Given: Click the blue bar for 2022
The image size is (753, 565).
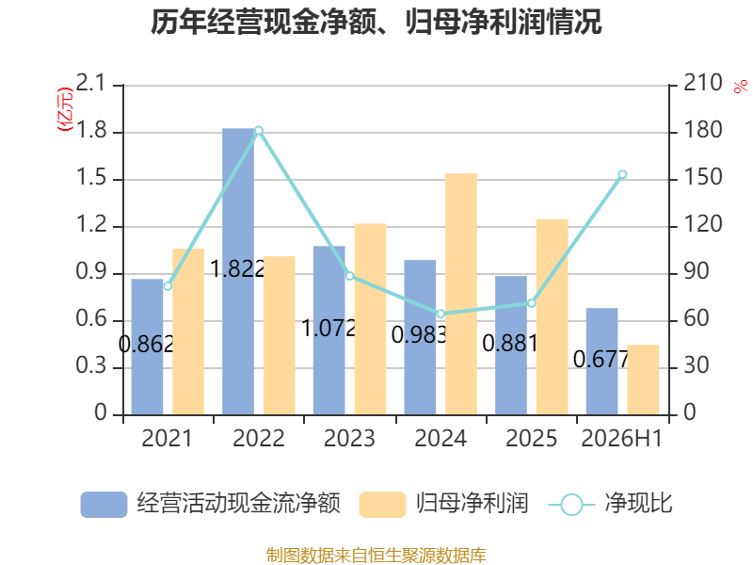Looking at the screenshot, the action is tap(238, 271).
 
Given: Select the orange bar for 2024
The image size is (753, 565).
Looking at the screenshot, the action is tap(461, 294).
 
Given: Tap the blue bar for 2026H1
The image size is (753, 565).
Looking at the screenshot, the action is tap(601, 362).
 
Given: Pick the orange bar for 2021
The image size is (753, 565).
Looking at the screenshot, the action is tap(188, 331).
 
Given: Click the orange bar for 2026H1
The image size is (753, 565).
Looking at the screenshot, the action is tap(643, 379).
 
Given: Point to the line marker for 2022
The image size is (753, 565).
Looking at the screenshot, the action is tap(259, 131).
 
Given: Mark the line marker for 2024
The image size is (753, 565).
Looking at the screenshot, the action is tap(441, 314).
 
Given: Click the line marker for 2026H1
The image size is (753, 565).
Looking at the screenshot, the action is tap(622, 174).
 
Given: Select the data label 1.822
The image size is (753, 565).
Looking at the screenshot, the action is tap(238, 268).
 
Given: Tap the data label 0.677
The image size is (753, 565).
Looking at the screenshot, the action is tap(601, 359).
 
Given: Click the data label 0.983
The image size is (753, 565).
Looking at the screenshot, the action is tap(419, 335).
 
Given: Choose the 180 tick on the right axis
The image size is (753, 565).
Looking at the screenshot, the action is tap(702, 130).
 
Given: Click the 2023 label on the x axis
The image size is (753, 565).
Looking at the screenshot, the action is tap(349, 438).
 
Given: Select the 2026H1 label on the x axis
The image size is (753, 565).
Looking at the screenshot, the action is tap(622, 438).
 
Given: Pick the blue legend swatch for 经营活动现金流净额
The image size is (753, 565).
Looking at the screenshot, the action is tap(104, 505).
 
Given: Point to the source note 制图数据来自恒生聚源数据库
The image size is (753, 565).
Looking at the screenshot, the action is tap(376, 556).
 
